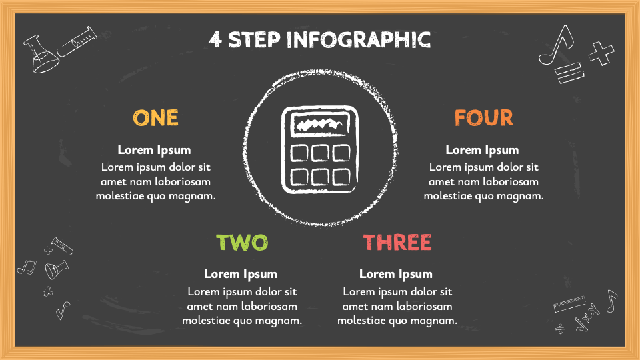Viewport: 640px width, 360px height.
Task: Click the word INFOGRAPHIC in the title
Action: click(x=359, y=39)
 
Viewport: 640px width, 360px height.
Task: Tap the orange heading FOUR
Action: click(x=483, y=118)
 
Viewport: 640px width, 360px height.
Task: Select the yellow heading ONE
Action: click(x=155, y=118)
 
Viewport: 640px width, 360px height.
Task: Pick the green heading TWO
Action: click(x=241, y=242)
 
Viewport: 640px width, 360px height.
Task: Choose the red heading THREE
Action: click(x=397, y=242)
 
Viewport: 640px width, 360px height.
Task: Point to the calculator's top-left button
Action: click(x=300, y=153)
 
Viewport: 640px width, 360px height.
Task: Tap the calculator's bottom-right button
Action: click(x=341, y=176)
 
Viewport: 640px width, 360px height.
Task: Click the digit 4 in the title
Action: click(x=215, y=39)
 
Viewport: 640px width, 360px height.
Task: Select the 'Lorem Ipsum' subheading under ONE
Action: click(x=154, y=150)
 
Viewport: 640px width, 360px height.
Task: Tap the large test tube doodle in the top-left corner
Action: click(x=77, y=41)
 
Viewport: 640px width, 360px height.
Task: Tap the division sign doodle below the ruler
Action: click(x=561, y=328)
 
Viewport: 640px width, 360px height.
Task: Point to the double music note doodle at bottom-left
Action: click(x=26, y=267)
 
